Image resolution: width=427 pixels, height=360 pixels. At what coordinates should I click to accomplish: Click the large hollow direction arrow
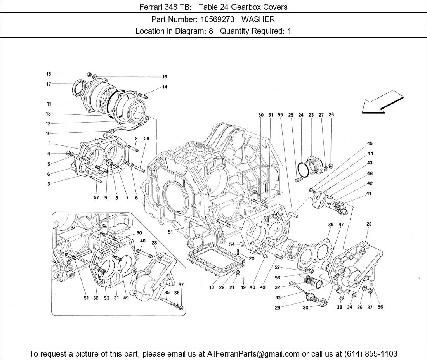(383, 102)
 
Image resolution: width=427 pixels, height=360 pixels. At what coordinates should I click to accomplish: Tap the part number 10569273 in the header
(217, 19)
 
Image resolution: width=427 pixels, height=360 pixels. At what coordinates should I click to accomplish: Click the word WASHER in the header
(258, 19)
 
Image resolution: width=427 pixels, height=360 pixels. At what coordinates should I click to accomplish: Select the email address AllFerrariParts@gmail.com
(253, 354)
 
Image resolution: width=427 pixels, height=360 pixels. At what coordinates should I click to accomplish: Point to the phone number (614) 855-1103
(371, 354)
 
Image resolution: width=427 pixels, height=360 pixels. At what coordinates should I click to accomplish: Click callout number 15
(49, 74)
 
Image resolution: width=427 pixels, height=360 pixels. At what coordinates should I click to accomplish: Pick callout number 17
(49, 84)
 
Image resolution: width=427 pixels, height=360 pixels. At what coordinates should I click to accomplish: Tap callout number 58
(146, 138)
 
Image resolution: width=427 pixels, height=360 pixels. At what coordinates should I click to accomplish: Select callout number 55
(280, 115)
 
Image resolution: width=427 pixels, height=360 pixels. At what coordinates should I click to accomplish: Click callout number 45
(370, 144)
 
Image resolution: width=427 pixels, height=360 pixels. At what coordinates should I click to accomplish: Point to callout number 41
(369, 194)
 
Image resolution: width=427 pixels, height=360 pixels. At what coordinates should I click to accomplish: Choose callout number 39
(331, 225)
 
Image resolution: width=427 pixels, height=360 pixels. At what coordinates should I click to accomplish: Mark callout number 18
(212, 287)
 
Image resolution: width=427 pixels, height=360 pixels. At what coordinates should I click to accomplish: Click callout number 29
(278, 308)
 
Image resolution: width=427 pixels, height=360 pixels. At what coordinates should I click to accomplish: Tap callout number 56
(380, 307)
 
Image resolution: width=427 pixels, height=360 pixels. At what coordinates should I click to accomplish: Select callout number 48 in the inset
(143, 241)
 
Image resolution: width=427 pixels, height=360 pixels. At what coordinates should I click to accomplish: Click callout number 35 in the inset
(167, 292)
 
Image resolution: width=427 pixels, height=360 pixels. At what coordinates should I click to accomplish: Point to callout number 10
(48, 133)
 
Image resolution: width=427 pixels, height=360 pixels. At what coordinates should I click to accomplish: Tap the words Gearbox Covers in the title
(259, 7)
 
